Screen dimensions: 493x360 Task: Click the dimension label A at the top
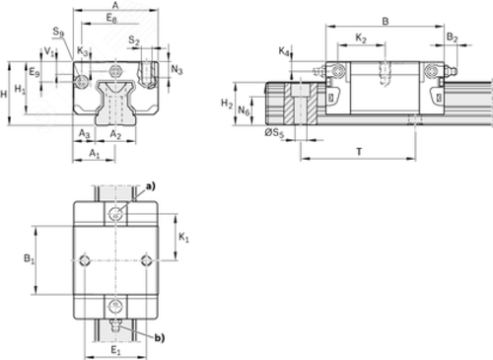pos(115,5)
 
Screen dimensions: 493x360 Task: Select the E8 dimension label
pos(111,19)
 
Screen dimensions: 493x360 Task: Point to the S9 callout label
pos(58,32)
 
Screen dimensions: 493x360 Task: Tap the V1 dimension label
pos(49,51)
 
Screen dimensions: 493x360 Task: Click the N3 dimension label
pos(176,69)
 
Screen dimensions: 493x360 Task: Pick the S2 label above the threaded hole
pos(134,40)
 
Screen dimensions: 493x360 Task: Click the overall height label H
pos(4,95)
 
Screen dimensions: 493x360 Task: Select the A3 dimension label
pos(84,133)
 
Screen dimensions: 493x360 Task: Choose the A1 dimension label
pos(95,153)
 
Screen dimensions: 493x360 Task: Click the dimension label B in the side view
pos(386,22)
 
